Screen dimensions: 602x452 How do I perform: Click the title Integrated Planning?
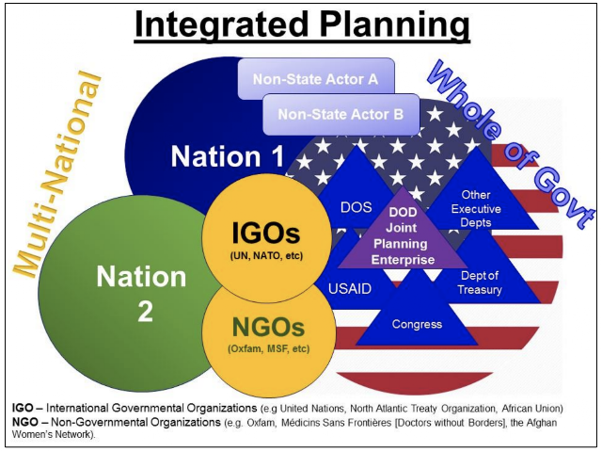[x=302, y=25]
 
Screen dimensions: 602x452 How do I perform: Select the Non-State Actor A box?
[x=316, y=79]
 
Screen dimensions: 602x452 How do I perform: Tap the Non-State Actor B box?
[x=341, y=114]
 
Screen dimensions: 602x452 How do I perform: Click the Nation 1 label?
[x=228, y=156]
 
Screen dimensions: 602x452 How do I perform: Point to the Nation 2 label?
[x=141, y=293]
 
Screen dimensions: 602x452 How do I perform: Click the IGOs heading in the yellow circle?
[x=265, y=233]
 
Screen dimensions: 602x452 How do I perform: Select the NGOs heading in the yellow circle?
[x=268, y=327]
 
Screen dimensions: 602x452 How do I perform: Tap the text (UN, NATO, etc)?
[x=266, y=255]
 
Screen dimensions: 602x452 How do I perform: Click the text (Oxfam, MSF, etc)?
[x=268, y=349]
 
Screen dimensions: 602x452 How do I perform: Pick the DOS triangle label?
[x=356, y=207]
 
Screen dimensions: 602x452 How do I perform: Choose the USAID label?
[x=350, y=289]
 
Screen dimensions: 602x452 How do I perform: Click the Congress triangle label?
[x=417, y=324]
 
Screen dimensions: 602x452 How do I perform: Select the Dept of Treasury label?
[x=480, y=282]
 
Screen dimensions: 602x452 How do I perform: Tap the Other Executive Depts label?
[x=476, y=209]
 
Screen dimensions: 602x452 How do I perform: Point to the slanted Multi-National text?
[x=57, y=173]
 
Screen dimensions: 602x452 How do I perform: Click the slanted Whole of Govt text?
[x=511, y=144]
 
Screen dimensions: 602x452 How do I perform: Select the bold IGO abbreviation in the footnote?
[x=23, y=408]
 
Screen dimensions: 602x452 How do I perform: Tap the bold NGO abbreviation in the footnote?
[x=25, y=422]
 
